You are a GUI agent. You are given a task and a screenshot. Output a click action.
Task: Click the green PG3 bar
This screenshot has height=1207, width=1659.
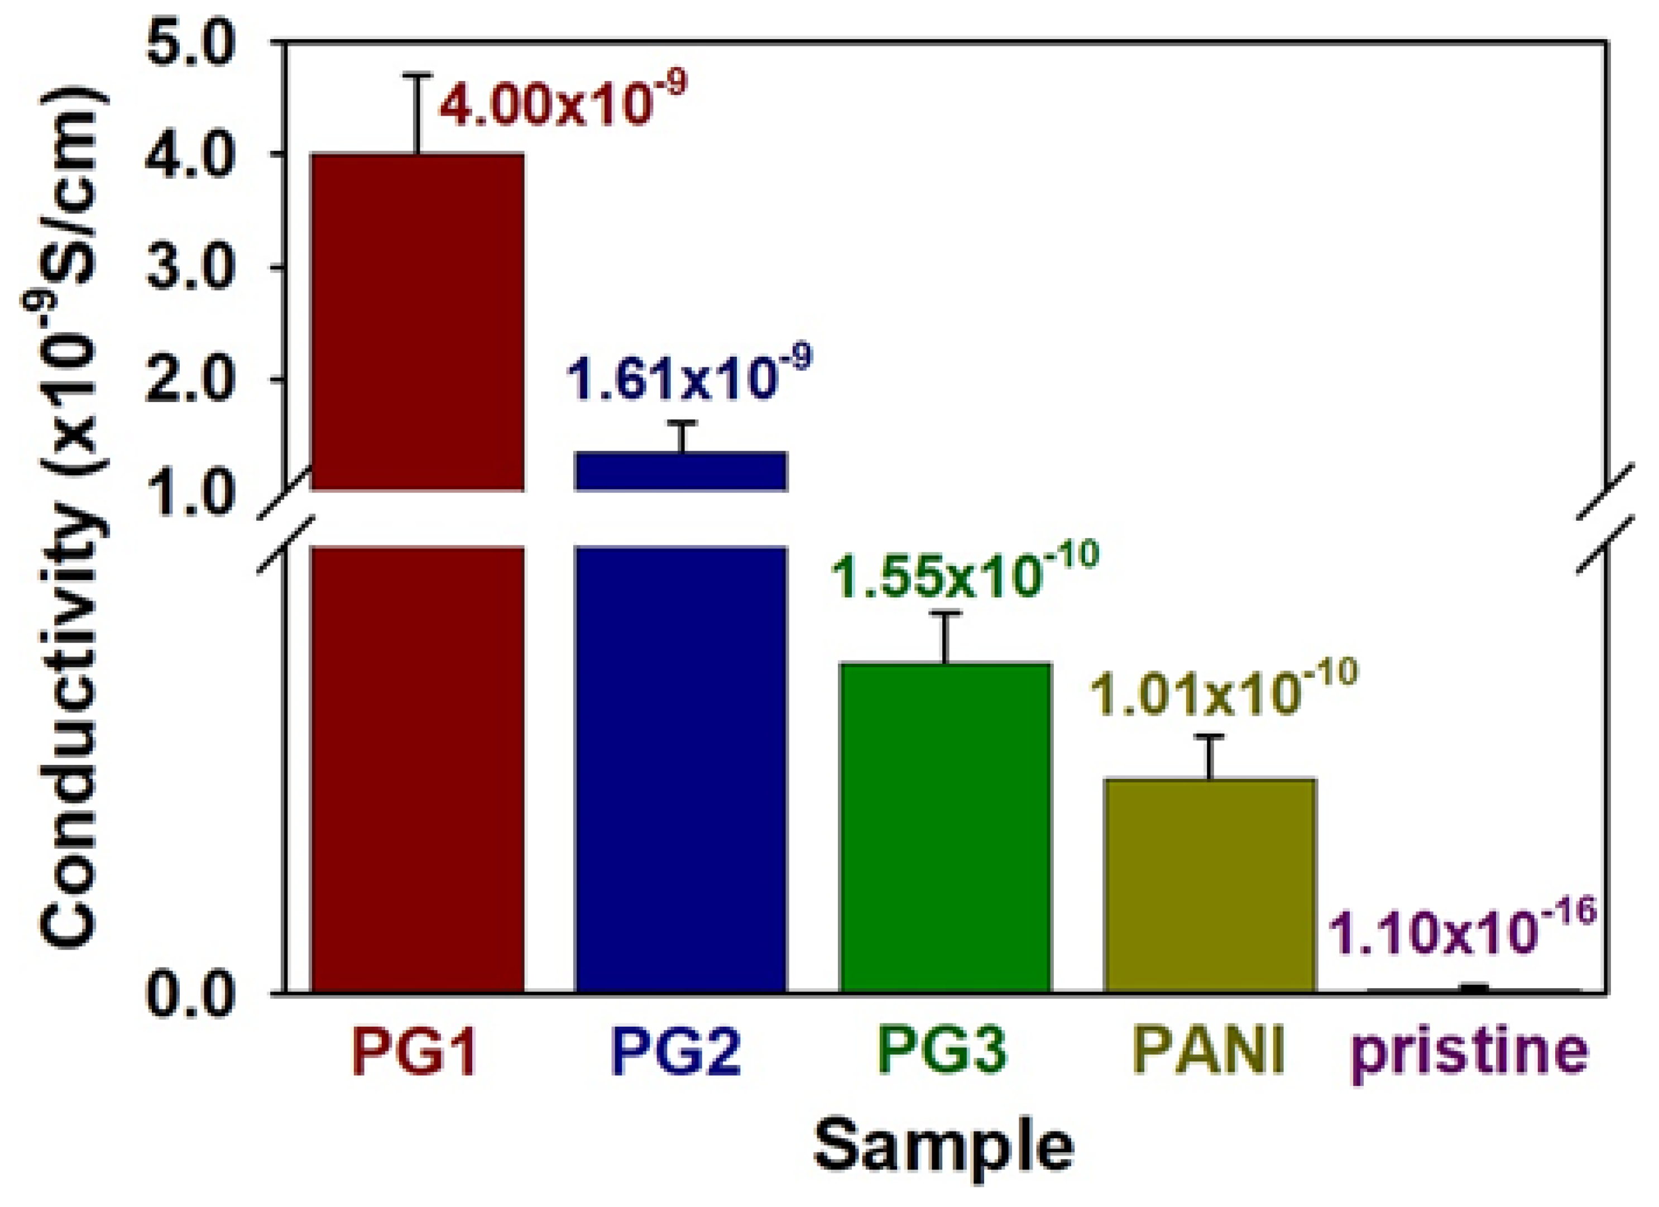pyautogui.click(x=945, y=827)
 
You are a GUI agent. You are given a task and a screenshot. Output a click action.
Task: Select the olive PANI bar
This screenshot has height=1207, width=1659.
pyautogui.click(x=1209, y=885)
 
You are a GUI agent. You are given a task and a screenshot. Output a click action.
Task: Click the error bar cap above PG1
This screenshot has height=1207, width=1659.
pyautogui.click(x=418, y=75)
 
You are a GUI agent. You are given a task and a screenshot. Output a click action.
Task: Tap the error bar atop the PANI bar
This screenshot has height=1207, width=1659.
pyautogui.click(x=1210, y=757)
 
